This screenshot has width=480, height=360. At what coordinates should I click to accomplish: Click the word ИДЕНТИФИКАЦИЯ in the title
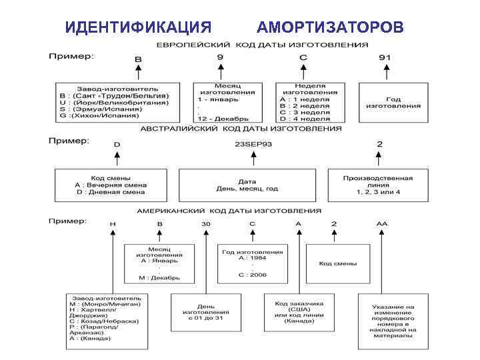[139, 27]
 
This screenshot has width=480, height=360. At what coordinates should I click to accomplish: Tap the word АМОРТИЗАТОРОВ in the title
[329, 27]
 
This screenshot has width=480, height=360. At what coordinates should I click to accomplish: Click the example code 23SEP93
[253, 144]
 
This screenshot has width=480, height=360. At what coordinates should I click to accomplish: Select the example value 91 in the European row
[385, 57]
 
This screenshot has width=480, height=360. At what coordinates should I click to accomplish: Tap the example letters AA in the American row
[381, 224]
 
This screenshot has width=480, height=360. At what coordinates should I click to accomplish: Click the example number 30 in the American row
[206, 224]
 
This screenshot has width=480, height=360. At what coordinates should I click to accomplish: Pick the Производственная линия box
[377, 185]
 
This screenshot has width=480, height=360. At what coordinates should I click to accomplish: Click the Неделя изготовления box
[304, 102]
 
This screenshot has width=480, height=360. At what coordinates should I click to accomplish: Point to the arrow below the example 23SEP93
[253, 159]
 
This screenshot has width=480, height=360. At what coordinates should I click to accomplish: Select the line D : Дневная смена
[109, 192]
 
